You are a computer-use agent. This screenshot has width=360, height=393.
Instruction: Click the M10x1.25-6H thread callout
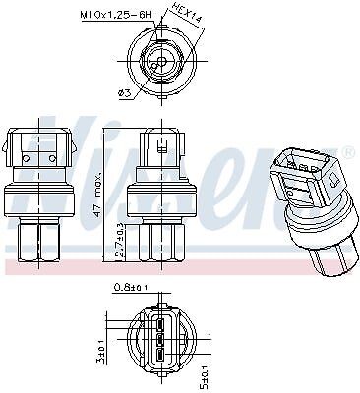pyautogui.click(x=117, y=15)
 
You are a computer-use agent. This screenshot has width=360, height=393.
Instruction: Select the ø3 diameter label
pyautogui.click(x=124, y=93)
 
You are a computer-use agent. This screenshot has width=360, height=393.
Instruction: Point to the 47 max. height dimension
pyautogui.click(x=96, y=194)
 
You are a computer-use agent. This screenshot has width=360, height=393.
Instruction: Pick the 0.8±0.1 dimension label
pyautogui.click(x=131, y=287)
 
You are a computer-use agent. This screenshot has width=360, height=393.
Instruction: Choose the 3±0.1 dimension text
pyautogui.click(x=102, y=351)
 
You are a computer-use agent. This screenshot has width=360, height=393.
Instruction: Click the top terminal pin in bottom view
pyautogui.click(x=160, y=325)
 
